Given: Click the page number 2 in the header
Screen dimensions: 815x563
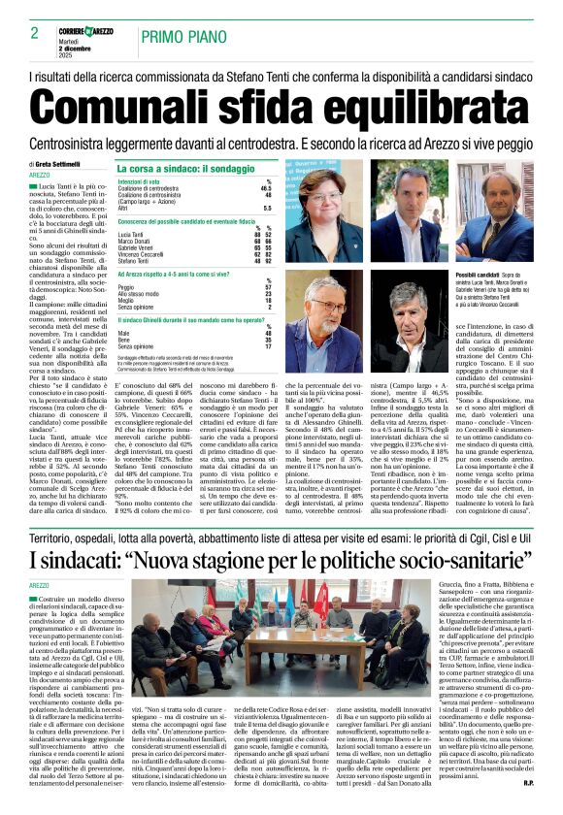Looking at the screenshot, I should (35, 32).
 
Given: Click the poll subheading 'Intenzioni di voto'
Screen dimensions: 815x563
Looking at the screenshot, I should (139, 181).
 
